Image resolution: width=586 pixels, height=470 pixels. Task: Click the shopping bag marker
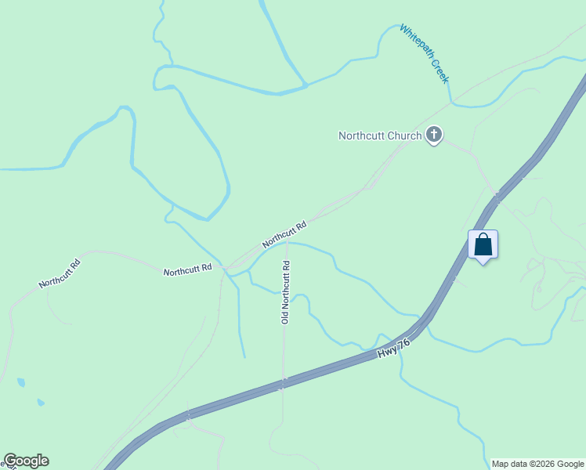pyautogui.click(x=483, y=244)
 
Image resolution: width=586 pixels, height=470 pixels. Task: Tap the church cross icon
pyautogui.click(x=434, y=136)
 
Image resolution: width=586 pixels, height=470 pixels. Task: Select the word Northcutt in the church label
pyautogui.click(x=362, y=136)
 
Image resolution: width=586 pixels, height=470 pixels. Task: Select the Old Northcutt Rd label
pyautogui.click(x=286, y=291)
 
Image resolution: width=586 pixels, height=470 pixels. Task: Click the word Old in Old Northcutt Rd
pyautogui.click(x=286, y=316)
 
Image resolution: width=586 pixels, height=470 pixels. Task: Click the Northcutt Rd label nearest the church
pyautogui.click(x=284, y=233)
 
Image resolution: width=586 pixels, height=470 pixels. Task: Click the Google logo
pyautogui.click(x=26, y=461)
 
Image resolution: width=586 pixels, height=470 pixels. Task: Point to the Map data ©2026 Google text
pyautogui.click(x=538, y=464)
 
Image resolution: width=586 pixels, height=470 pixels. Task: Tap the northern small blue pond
pyautogui.click(x=21, y=382)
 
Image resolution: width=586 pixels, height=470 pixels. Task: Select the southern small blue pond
pyautogui.click(x=41, y=403)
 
